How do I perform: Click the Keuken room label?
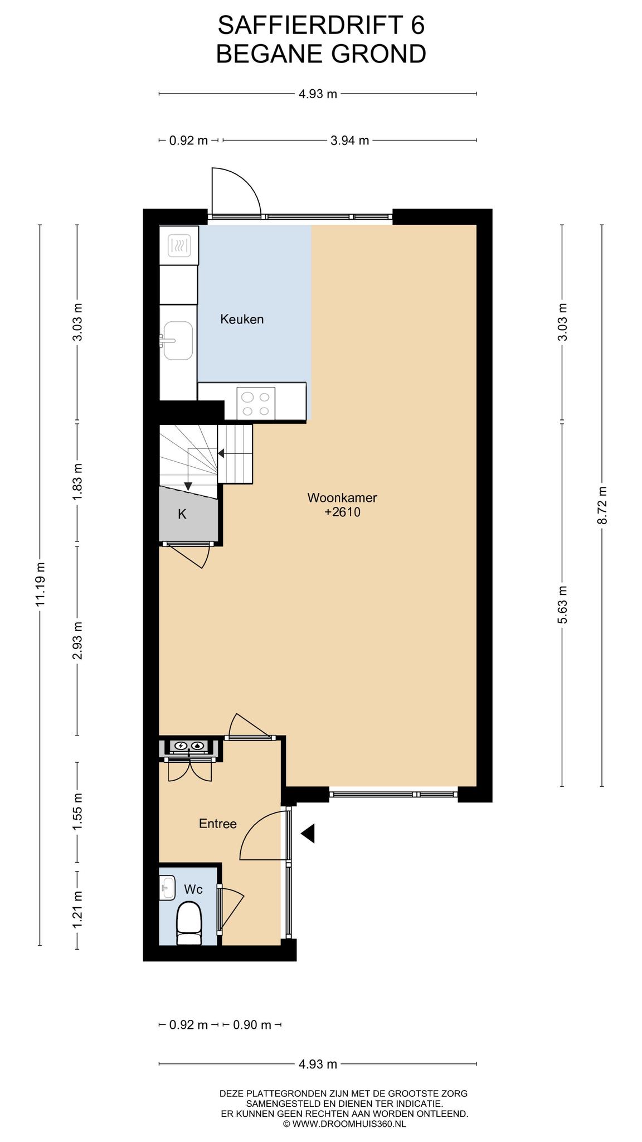click(242, 320)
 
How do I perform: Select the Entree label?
click(218, 824)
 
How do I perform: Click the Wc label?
click(193, 889)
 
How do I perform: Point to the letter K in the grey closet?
click(182, 514)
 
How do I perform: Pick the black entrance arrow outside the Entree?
click(308, 833)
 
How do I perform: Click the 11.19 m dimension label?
click(40, 584)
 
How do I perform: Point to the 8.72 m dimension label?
click(602, 505)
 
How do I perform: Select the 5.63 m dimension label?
click(562, 604)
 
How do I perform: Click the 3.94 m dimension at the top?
click(350, 141)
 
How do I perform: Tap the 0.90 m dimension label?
click(252, 1025)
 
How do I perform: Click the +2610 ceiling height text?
click(343, 512)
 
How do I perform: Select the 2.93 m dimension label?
click(77, 640)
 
